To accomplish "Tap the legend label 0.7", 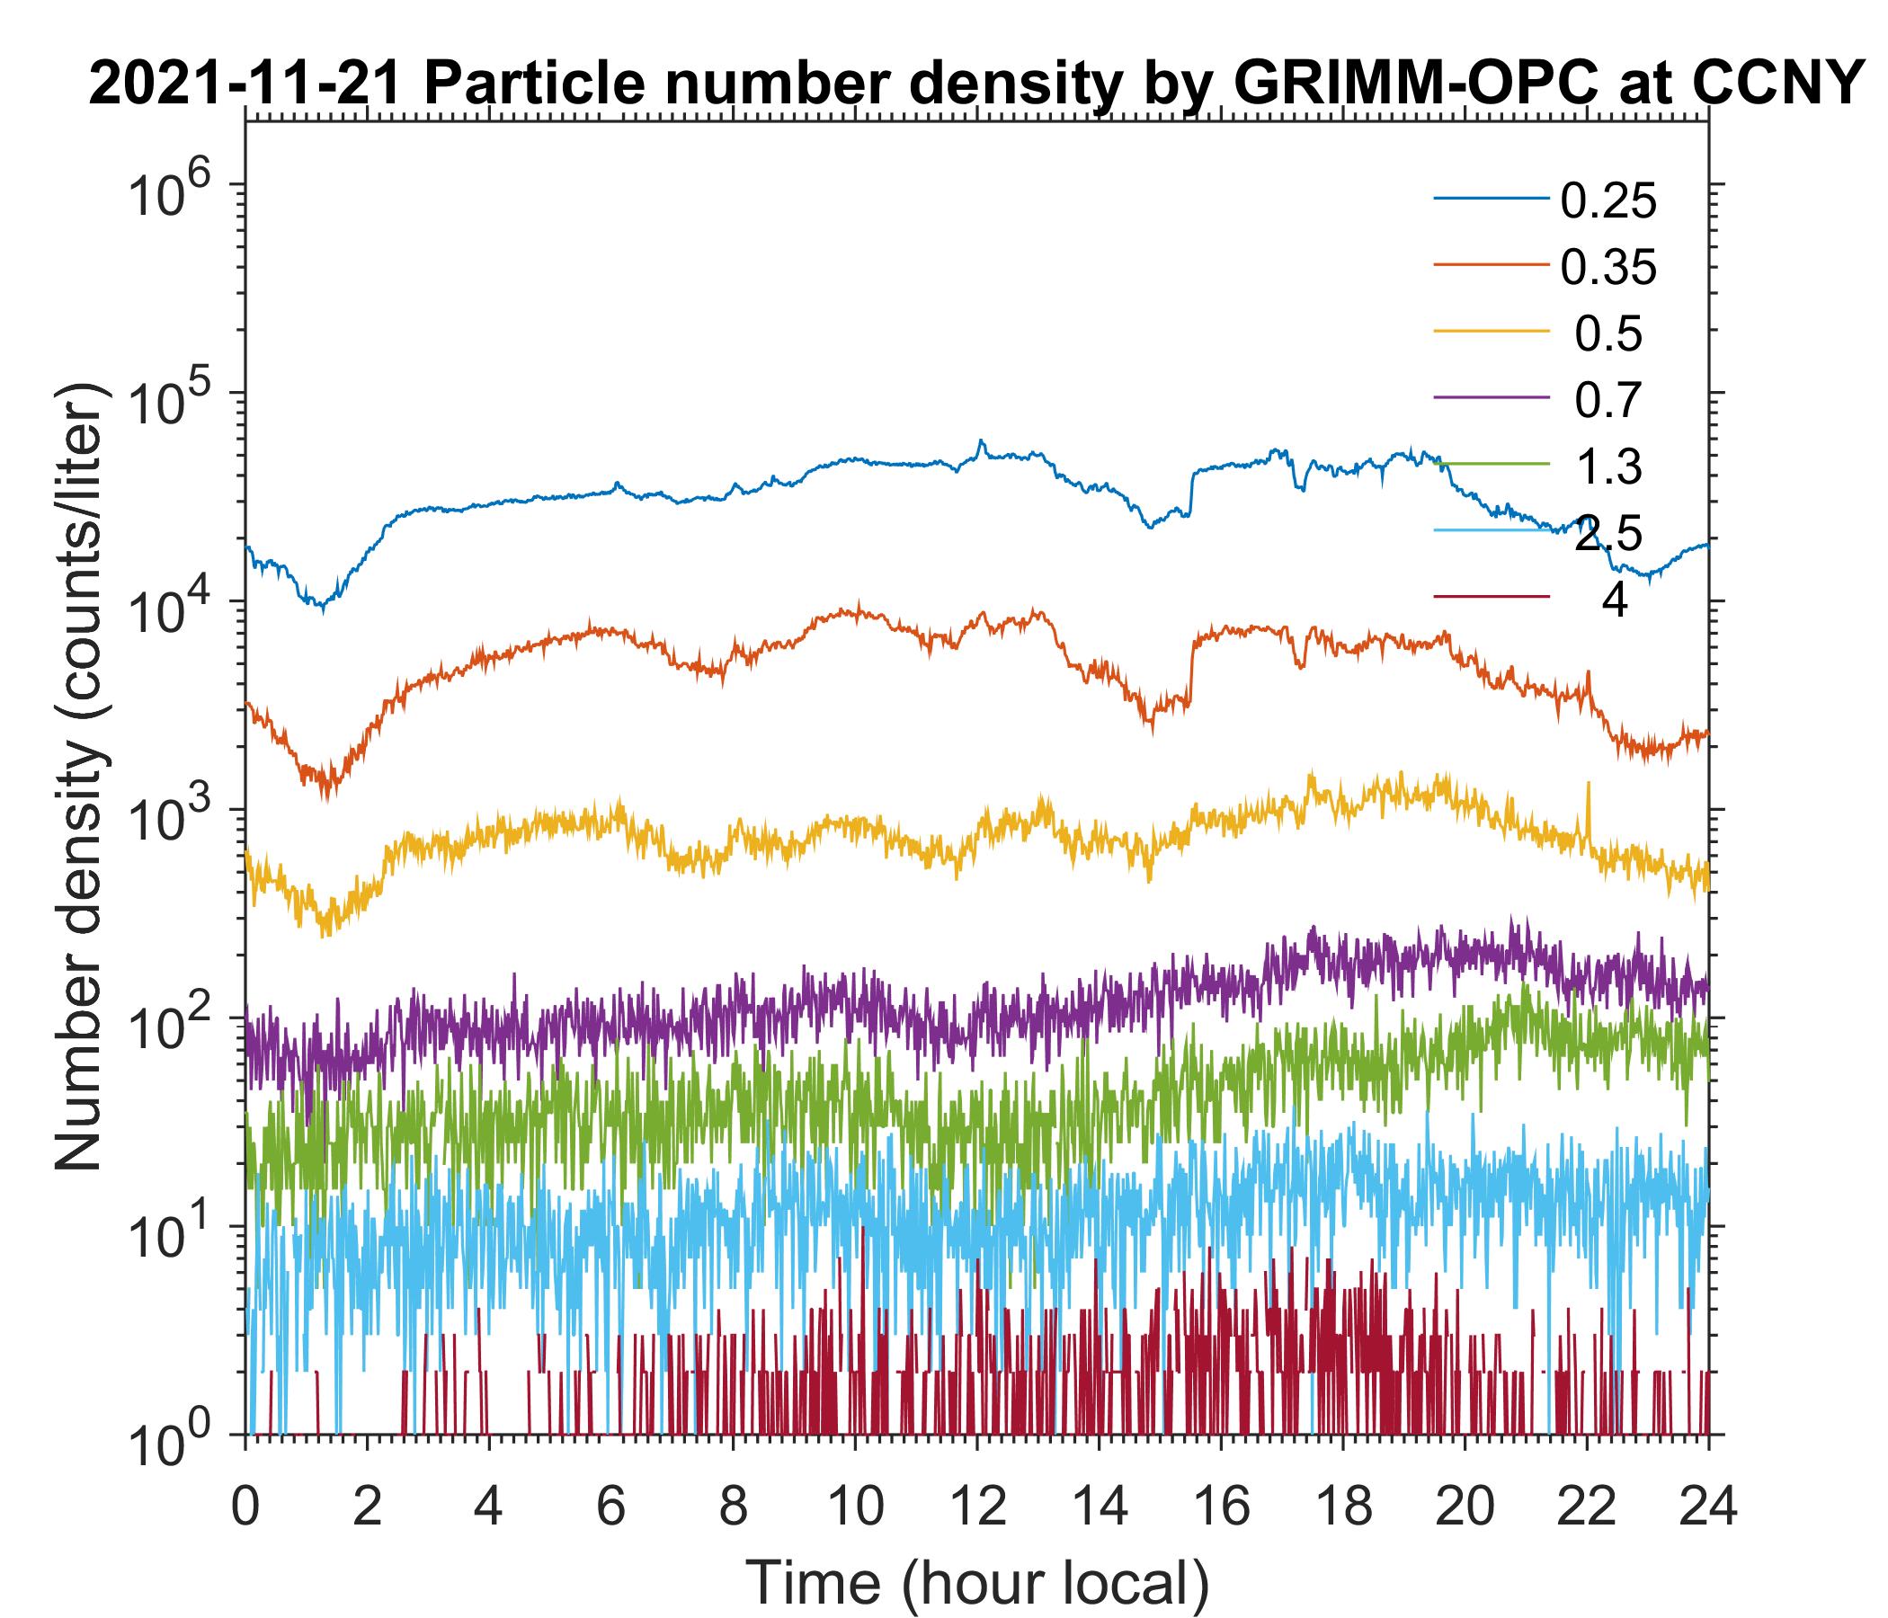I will click(x=1608, y=400).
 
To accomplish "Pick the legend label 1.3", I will click(x=1608, y=467).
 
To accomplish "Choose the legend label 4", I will click(x=1614, y=601).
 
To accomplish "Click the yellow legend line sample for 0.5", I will click(x=1492, y=333).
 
